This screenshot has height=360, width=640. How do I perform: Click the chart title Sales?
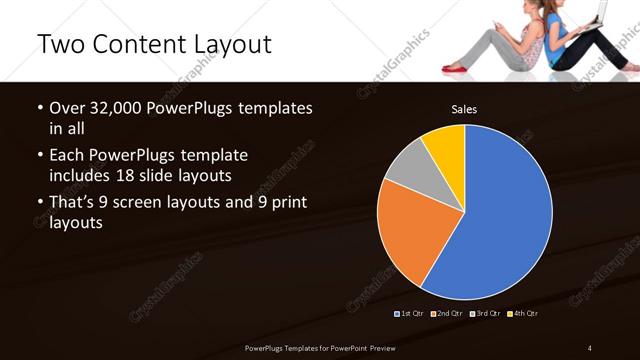463,108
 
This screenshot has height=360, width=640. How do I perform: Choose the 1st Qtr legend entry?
410,313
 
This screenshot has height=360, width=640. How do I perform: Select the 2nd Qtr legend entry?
446,313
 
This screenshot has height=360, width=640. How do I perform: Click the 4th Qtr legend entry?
522,313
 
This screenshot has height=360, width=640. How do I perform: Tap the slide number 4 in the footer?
590,347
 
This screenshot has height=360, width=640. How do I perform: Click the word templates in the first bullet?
272,107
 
